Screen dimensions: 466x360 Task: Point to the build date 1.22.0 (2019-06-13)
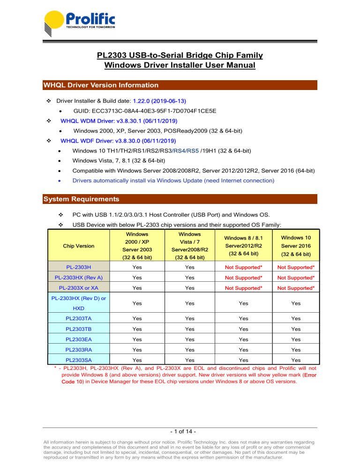click(160, 100)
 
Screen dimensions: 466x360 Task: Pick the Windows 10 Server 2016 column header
click(295, 246)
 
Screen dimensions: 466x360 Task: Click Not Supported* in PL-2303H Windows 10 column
click(295, 267)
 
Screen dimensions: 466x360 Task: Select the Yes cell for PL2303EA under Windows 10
click(295, 340)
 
